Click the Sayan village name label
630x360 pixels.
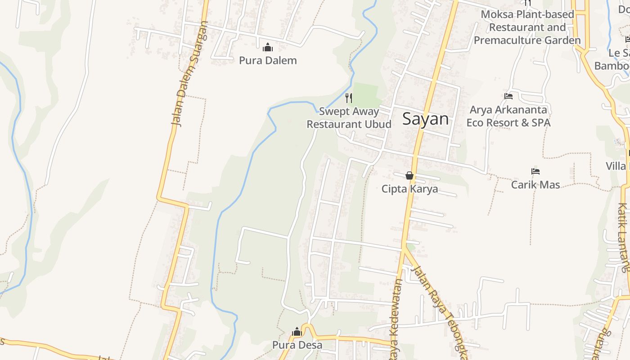[425, 119]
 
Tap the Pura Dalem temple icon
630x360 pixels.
[268, 47]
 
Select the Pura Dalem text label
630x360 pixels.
[268, 60]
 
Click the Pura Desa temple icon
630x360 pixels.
[297, 332]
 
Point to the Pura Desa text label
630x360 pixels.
[297, 345]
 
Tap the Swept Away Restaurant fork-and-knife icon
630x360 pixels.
[349, 98]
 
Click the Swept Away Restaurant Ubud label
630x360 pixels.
[349, 117]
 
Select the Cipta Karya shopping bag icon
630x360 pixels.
[409, 175]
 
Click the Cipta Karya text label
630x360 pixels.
[409, 189]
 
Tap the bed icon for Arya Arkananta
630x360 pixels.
[508, 96]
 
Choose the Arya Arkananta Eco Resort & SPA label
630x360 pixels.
[508, 116]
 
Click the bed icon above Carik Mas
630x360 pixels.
[535, 171]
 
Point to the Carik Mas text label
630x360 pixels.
[535, 184]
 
